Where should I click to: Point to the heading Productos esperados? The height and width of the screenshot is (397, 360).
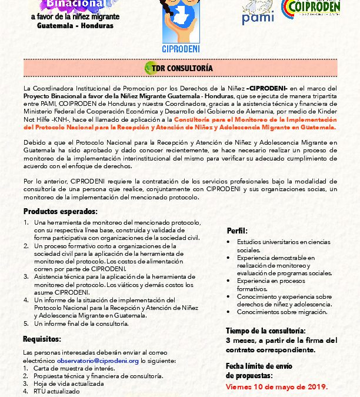tap(60, 212)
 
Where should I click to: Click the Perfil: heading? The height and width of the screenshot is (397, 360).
tap(236, 231)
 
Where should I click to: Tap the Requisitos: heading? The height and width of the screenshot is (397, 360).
tap(42, 339)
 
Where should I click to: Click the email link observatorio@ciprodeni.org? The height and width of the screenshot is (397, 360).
tap(98, 361)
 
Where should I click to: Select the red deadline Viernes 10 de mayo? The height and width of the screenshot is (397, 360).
tap(276, 387)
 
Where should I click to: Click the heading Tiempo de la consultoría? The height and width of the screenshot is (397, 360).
tap(265, 331)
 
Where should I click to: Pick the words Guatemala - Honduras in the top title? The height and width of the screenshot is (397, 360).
tap(75, 26)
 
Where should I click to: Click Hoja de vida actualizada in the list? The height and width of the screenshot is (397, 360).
tap(69, 383)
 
